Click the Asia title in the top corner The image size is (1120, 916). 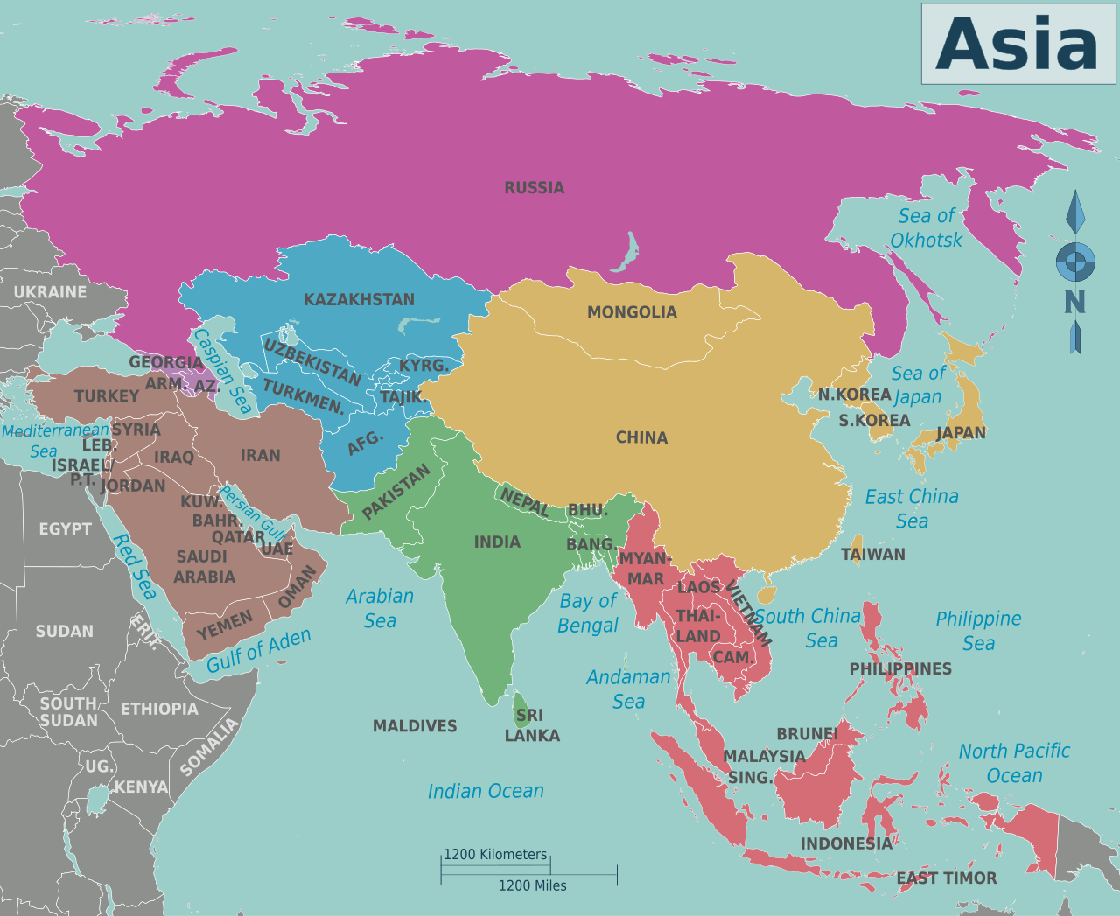(1018, 44)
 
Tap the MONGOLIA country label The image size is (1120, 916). (632, 312)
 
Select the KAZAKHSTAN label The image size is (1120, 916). (359, 300)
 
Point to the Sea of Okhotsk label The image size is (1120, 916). (926, 227)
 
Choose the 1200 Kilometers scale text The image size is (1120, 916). (495, 855)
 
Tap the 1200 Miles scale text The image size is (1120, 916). (532, 885)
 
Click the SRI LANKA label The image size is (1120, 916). (531, 725)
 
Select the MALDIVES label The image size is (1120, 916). (415, 726)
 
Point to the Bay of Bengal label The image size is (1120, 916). (588, 613)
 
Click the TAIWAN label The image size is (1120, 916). (872, 555)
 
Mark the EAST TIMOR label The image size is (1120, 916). (947, 878)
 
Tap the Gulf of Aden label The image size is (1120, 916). (258, 651)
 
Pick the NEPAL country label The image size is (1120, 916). (524, 502)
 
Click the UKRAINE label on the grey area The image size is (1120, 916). (50, 292)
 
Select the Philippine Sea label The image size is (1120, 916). (978, 631)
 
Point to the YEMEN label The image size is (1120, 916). (225, 625)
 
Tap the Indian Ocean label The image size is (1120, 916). (486, 792)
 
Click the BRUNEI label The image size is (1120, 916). (807, 734)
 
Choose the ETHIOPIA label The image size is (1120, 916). (159, 709)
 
